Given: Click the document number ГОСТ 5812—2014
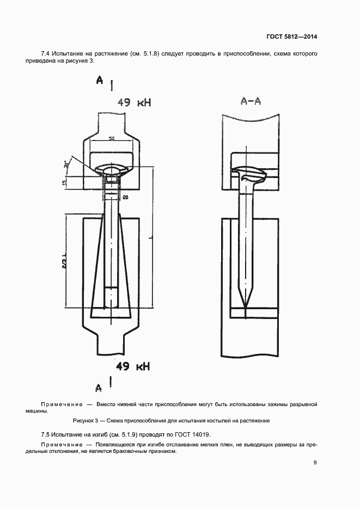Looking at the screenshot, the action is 291,36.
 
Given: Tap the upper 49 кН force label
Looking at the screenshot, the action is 134,102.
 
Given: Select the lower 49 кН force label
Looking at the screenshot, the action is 133,366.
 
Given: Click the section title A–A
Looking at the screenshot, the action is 251,102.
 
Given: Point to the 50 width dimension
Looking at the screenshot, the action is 111,139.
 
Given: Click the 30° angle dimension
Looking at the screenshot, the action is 67,164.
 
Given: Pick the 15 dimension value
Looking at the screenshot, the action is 65,183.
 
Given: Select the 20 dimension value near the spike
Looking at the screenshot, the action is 125,197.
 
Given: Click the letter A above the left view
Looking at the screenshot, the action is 100,80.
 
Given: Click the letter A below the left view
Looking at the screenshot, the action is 99,388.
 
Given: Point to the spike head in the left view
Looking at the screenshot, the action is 112,169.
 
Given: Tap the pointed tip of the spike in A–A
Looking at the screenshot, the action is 246,306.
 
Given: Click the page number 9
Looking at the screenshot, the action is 315,462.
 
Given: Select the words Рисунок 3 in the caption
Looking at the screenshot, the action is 86,421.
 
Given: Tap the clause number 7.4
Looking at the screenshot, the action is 45,53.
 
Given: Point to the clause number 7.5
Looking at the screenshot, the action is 45,434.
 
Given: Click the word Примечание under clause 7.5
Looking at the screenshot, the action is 62,445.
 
